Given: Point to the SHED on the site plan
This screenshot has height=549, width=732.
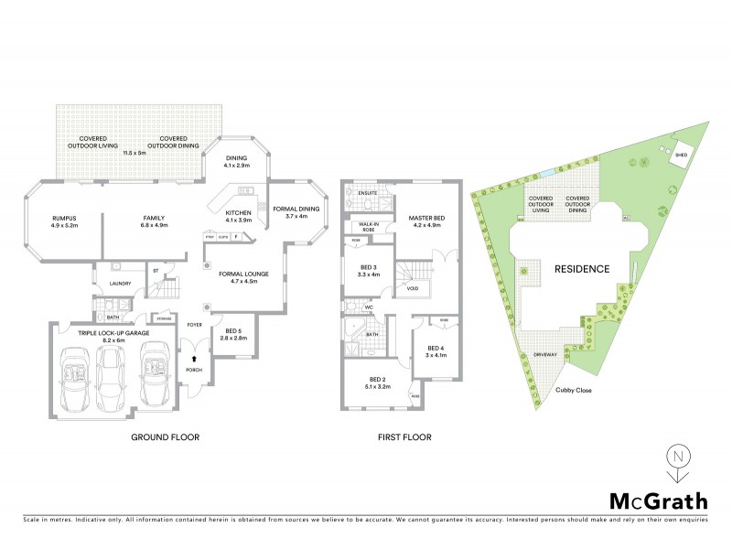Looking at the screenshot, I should click(680, 156).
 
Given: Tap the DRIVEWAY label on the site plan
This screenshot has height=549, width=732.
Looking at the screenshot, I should click(545, 353).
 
